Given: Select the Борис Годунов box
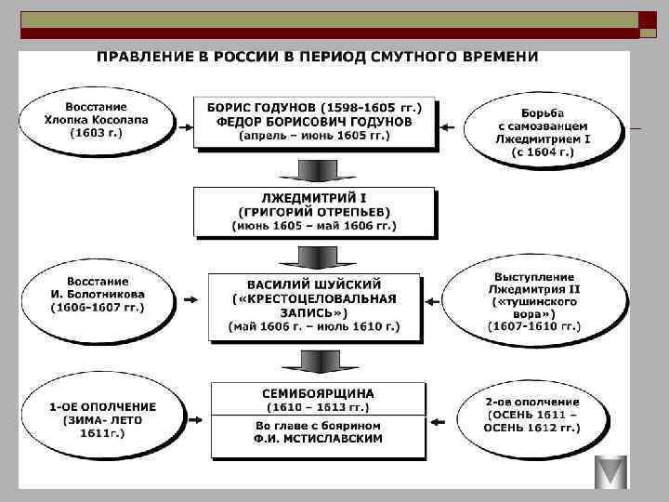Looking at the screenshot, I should click(314, 121).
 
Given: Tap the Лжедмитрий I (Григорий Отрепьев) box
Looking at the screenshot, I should click(313, 211).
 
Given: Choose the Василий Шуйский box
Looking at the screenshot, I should click(314, 305).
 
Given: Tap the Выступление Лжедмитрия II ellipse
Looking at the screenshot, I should click(532, 300).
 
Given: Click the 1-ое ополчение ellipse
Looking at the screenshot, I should click(102, 419).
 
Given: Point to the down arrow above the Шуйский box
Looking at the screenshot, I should click(313, 258).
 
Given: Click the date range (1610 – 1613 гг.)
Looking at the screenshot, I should click(317, 407).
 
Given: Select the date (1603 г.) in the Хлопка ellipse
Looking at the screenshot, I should click(96, 132).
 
